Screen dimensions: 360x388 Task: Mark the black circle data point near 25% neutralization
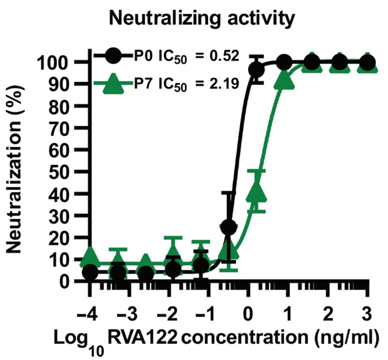229,227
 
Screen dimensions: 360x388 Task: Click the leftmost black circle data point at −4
90,272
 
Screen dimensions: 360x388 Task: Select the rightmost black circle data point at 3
368,63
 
